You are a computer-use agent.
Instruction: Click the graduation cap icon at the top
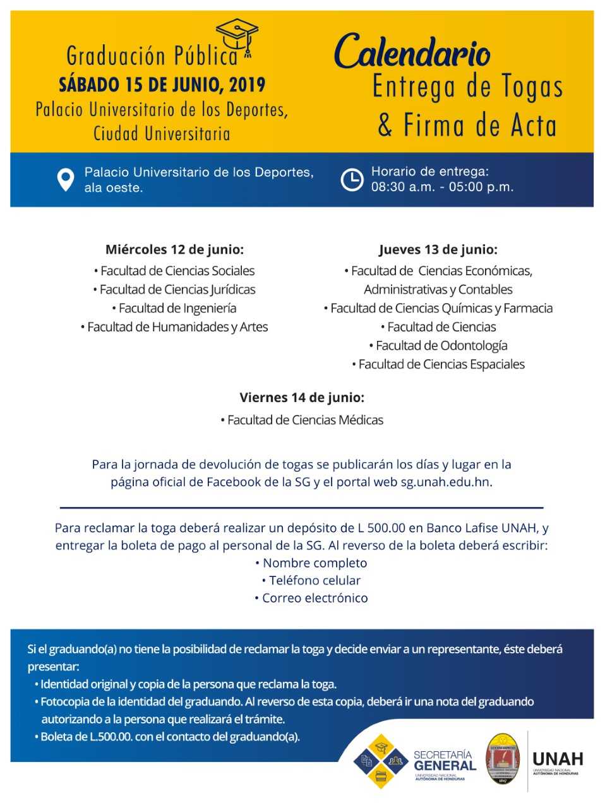point(237,37)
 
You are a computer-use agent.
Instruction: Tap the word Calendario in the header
point(412,52)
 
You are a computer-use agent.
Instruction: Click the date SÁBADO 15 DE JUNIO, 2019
point(162,85)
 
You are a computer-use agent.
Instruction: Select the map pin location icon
point(66,179)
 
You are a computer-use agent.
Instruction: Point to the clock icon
point(352,179)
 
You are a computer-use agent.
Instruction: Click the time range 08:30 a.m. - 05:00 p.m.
point(442,187)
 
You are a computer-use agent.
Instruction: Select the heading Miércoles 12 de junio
point(174,249)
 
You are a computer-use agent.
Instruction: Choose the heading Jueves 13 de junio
point(438,249)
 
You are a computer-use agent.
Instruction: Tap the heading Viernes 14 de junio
point(302,398)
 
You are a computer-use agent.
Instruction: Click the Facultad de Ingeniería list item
point(174,308)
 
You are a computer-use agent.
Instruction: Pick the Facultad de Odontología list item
point(438,345)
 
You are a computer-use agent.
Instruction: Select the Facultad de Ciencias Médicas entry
point(302,420)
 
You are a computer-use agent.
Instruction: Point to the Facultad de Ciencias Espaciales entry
point(438,364)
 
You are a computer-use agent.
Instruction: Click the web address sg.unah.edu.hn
point(446,482)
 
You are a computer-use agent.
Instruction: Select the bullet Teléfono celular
point(311,580)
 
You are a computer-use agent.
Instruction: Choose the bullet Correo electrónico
point(311,598)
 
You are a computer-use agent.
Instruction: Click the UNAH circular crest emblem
point(503,759)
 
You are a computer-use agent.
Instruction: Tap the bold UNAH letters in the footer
point(558,758)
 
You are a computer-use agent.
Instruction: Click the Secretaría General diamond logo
point(381,761)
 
